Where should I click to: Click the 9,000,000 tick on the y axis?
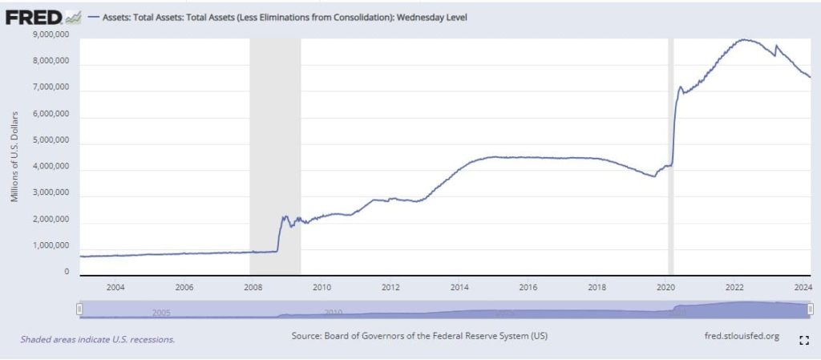pos(50,34)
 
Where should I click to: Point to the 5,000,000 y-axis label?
pos(50,143)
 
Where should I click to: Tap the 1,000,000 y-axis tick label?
pos(50,245)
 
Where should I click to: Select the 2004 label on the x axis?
pos(115,286)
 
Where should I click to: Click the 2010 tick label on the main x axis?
pos(322,286)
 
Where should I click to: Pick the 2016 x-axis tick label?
pos(528,286)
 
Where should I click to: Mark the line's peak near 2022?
pos(746,39)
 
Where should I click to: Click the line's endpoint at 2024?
pos(810,77)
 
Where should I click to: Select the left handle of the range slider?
pos(79,309)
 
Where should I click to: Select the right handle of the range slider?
pos(811,309)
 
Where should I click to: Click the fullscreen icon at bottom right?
pos(804,340)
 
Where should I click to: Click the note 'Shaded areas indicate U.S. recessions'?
pos(98,339)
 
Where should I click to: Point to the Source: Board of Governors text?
pos(420,335)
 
